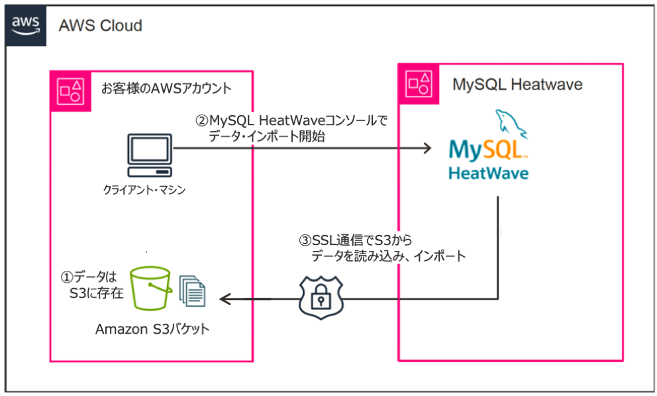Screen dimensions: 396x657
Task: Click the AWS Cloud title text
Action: coord(100,26)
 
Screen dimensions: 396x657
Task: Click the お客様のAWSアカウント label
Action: coord(166,88)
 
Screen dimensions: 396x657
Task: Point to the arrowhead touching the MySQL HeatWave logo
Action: coord(427,149)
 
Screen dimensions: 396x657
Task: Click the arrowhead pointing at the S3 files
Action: coord(225,299)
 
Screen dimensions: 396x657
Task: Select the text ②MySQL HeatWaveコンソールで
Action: coord(291,121)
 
